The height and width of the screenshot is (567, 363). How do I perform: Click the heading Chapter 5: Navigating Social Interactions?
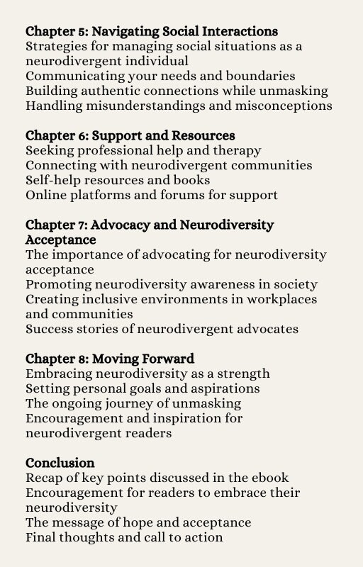coord(151,31)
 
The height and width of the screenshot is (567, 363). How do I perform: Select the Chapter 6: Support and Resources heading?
coord(130,135)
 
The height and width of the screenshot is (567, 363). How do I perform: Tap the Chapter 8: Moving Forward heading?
coord(110,358)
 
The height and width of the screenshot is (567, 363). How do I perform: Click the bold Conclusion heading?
coord(60,463)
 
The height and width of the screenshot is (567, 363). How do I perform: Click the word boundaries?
coord(260,76)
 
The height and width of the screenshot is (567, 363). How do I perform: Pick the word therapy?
coord(238,150)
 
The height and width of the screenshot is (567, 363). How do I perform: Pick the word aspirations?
coord(219,388)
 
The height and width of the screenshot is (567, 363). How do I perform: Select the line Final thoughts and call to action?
coord(124,537)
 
